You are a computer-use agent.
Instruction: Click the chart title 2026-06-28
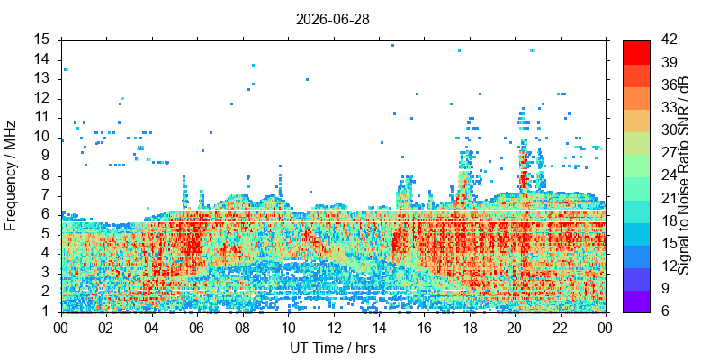click(x=332, y=20)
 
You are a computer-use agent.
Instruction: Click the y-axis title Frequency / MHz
click(x=10, y=175)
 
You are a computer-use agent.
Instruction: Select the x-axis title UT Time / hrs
click(x=333, y=348)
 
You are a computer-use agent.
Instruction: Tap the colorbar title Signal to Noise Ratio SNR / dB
click(x=684, y=175)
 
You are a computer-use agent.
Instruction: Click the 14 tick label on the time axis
click(x=379, y=328)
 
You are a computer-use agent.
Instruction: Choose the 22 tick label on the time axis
click(x=560, y=328)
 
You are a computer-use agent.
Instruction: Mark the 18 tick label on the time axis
click(x=470, y=328)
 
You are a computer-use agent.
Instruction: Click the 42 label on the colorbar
click(x=668, y=40)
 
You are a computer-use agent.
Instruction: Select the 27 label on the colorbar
click(x=668, y=152)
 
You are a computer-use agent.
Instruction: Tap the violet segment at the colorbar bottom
click(x=636, y=301)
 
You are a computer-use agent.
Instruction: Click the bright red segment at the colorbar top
click(x=636, y=52)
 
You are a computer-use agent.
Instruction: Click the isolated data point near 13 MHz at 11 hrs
click(x=307, y=79)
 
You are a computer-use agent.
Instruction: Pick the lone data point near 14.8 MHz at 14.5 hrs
click(x=392, y=46)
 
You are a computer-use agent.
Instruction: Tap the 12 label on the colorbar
click(x=668, y=265)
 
